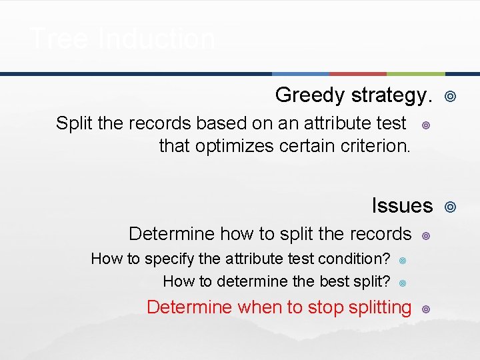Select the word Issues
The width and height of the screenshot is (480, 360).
(x=402, y=206)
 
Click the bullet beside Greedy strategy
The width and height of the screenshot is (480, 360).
(x=450, y=97)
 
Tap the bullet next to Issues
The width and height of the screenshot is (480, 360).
(x=450, y=208)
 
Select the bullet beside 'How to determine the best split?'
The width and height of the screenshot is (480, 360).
(x=403, y=283)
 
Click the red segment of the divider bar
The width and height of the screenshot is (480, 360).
(x=358, y=73)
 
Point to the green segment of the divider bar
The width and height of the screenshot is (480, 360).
(x=415, y=73)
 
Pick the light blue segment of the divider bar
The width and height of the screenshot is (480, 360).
(x=301, y=73)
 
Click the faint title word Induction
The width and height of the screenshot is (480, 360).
(x=157, y=39)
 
